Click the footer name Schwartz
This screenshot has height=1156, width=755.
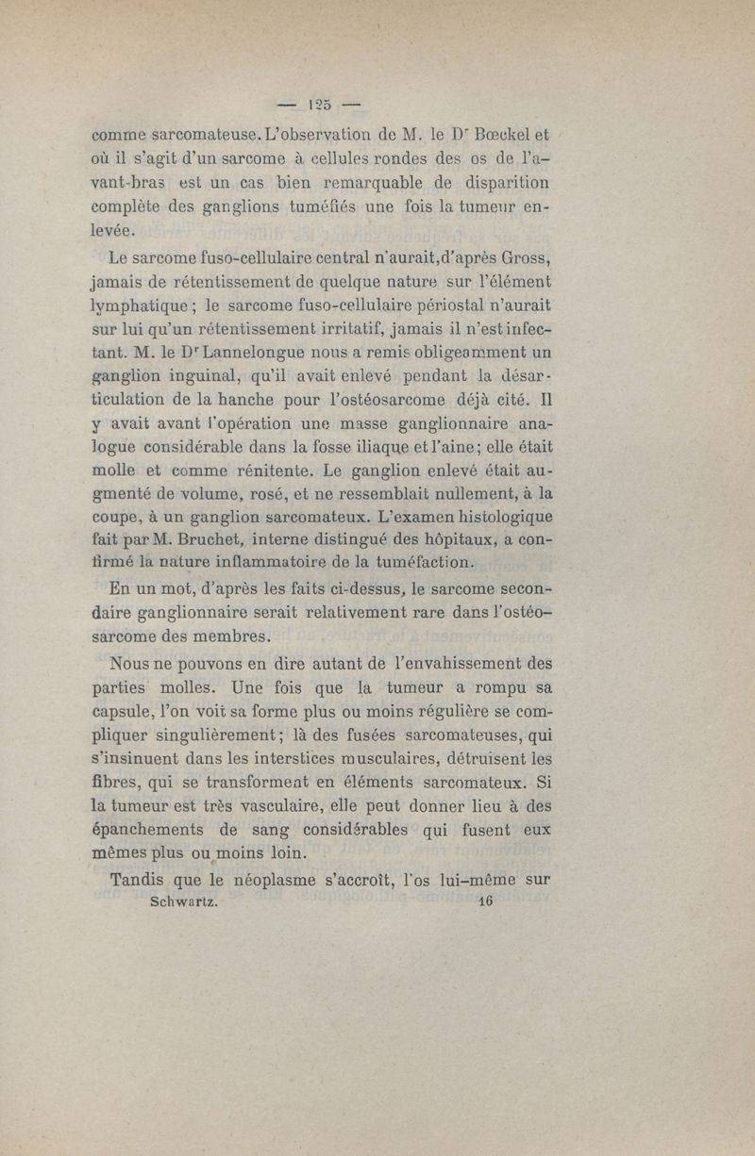[x=185, y=901]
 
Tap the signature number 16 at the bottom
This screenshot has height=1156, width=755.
[x=487, y=901]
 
